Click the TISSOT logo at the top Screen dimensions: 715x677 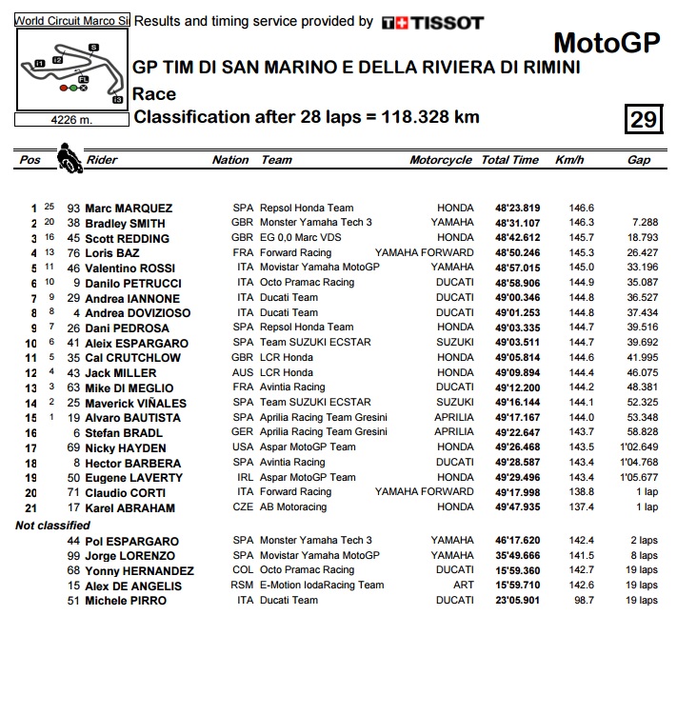(x=432, y=22)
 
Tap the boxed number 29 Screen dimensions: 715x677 (x=643, y=119)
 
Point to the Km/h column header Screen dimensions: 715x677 (x=569, y=160)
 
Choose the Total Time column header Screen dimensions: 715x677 (x=509, y=160)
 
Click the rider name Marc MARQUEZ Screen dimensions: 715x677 (x=129, y=209)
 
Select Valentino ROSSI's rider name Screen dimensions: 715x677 (x=132, y=268)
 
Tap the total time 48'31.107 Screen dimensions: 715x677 (x=517, y=223)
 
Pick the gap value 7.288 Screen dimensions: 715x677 (x=645, y=223)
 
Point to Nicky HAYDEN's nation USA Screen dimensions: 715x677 (x=243, y=447)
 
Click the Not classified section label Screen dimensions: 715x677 (x=53, y=526)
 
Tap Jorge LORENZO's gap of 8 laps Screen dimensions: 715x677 (x=641, y=556)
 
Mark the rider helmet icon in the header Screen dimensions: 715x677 (x=69, y=157)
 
